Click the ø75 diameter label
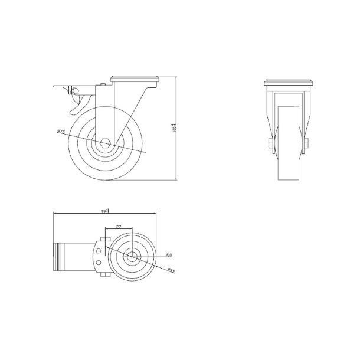pyautogui.click(x=60, y=132)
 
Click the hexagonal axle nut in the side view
pyautogui.click(x=105, y=142)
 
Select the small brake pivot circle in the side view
pyautogui.click(x=73, y=90)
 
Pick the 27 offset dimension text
pyautogui.click(x=119, y=227)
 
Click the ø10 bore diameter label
pyautogui.click(x=168, y=255)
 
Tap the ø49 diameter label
pyautogui.click(x=171, y=271)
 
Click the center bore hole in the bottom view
pyautogui.click(x=133, y=256)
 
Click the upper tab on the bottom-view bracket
pyautogui.click(x=105, y=238)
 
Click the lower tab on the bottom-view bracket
pyautogui.click(x=105, y=275)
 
